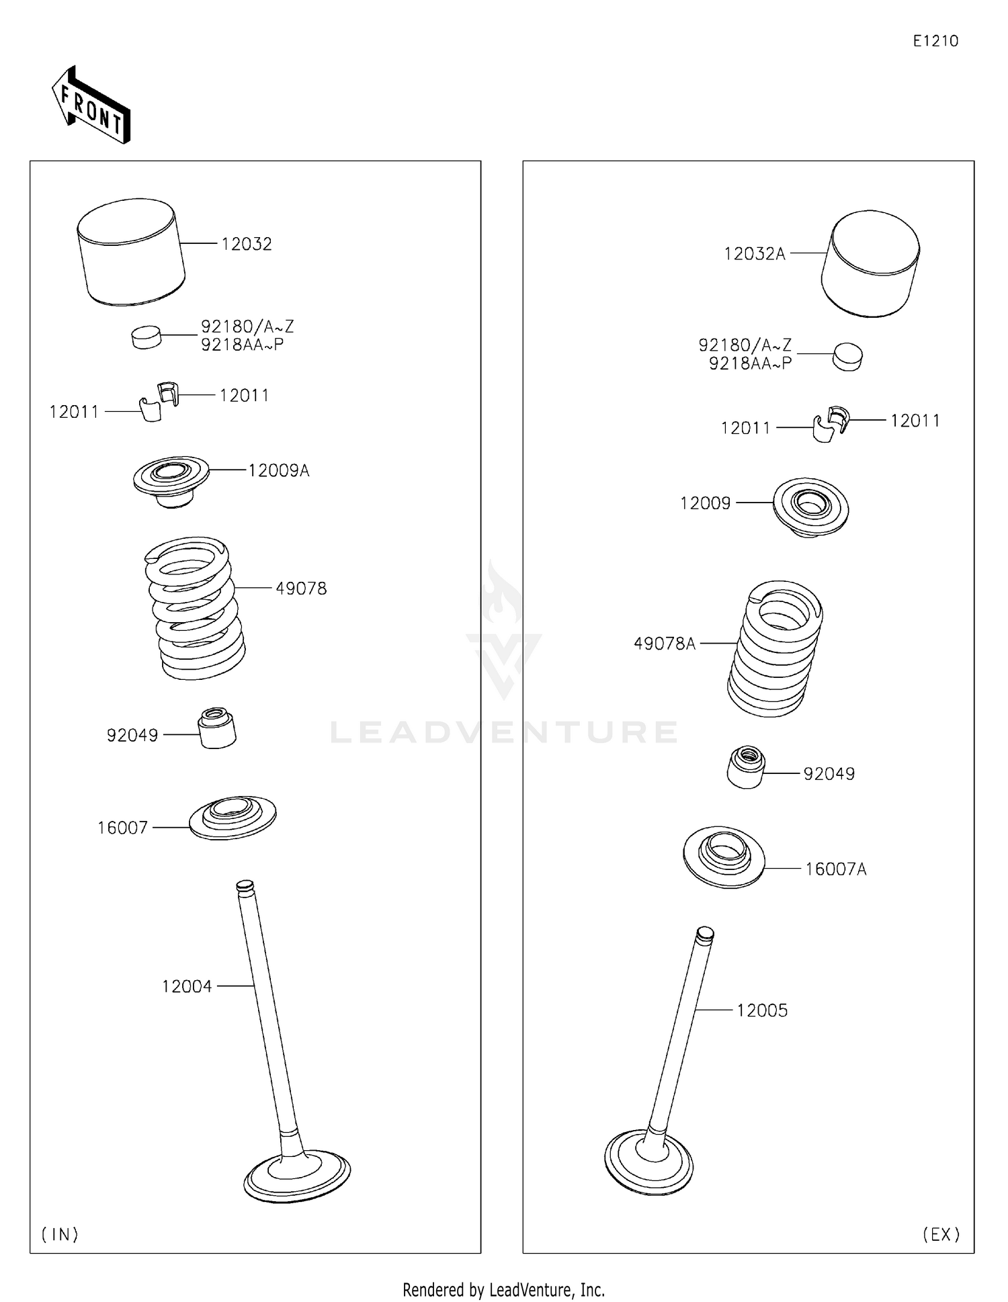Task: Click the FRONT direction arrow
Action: (91, 105)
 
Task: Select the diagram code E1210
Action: (935, 41)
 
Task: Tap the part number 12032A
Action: (754, 254)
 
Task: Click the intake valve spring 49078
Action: (195, 608)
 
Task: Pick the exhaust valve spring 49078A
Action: (775, 648)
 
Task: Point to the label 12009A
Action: (278, 470)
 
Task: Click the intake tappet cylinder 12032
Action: (130, 253)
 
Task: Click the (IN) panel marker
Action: (60, 1234)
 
